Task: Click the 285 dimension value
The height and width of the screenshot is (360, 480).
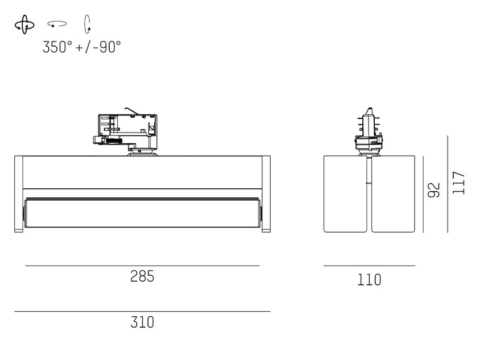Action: [x=142, y=276]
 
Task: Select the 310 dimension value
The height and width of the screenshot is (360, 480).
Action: [x=142, y=322]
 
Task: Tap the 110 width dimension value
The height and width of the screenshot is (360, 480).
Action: [x=370, y=280]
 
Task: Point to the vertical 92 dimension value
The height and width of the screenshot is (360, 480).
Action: [x=434, y=190]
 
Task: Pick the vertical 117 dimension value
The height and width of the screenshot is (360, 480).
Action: [x=458, y=183]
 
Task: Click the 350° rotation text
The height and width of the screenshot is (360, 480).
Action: [x=57, y=47]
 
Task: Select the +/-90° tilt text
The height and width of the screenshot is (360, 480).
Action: [x=98, y=47]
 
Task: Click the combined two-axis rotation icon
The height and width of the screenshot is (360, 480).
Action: [x=24, y=24]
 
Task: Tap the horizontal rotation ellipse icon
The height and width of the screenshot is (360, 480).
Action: [x=57, y=23]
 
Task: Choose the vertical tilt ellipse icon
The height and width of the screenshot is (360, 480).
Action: [x=87, y=24]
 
